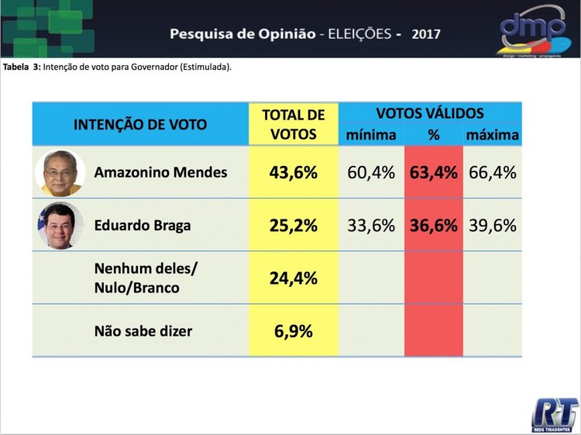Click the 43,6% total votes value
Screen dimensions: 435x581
293,172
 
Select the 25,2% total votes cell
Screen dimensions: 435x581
293,226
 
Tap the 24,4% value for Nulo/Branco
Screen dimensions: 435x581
293,278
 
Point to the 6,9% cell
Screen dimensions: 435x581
293,331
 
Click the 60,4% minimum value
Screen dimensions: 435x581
371,172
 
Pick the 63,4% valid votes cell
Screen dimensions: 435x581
433,172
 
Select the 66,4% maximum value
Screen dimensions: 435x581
493,172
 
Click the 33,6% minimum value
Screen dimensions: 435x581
371,226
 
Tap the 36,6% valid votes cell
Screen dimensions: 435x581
433,226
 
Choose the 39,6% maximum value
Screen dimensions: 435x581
493,226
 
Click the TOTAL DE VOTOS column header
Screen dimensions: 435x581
293,124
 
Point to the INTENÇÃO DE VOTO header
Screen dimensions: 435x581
140,124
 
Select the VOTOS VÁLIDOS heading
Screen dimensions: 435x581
430,113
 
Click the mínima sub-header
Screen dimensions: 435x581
371,135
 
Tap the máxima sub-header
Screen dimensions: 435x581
493,135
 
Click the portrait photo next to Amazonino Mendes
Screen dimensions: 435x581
60,172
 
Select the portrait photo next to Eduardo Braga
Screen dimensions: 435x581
60,226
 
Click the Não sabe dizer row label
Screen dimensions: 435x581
143,331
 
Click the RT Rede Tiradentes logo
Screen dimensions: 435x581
555,413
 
